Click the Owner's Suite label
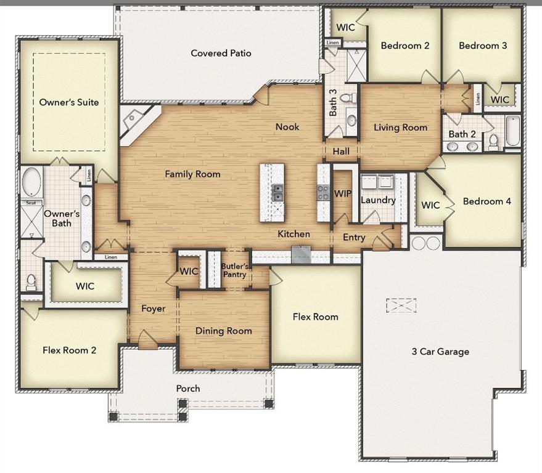point(69,102)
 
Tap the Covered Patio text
point(221,54)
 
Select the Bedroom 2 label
point(404,46)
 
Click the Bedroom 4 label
point(487,201)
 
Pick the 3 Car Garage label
point(440,352)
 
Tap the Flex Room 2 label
point(69,350)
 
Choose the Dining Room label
point(223,331)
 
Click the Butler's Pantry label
point(234,270)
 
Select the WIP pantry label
point(342,193)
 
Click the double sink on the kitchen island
point(277,193)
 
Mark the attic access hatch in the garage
point(401,305)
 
